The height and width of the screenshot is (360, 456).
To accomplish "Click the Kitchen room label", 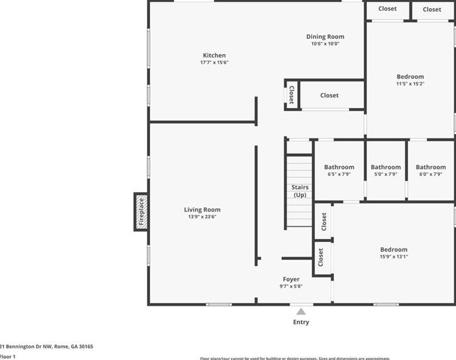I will [x=214, y=56].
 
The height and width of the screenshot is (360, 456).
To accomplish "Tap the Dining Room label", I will [x=325, y=37].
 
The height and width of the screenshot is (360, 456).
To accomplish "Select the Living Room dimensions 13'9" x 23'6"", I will [x=202, y=217].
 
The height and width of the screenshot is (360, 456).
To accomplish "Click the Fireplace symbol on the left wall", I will [x=141, y=211].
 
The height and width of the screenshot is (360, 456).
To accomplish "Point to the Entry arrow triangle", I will [x=301, y=311].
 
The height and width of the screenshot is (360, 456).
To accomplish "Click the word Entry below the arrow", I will [x=301, y=322].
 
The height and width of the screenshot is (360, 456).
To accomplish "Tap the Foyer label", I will [x=291, y=279].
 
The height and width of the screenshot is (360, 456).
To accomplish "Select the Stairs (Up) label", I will [x=300, y=191].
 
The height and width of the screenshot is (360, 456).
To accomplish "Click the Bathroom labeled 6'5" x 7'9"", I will [x=339, y=167].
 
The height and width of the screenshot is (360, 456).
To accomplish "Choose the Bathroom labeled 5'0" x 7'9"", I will [x=385, y=167].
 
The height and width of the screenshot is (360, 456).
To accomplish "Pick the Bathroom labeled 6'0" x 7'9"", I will [x=430, y=167].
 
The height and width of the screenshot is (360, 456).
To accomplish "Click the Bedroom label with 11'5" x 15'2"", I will [x=410, y=77].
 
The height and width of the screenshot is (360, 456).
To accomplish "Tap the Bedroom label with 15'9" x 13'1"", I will [x=394, y=250].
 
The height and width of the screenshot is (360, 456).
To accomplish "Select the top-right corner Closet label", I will [x=431, y=9].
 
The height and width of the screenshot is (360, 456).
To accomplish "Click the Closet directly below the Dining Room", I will [x=329, y=95].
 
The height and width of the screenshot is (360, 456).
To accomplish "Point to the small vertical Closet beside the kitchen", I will [x=291, y=95].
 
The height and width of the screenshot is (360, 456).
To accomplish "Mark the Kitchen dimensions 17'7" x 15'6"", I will [x=214, y=62].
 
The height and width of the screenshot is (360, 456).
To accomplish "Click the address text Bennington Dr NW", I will [x=36, y=346].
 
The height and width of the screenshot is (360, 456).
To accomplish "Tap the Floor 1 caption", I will [x=8, y=356].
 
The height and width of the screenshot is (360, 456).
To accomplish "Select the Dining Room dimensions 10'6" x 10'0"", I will [x=325, y=44].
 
